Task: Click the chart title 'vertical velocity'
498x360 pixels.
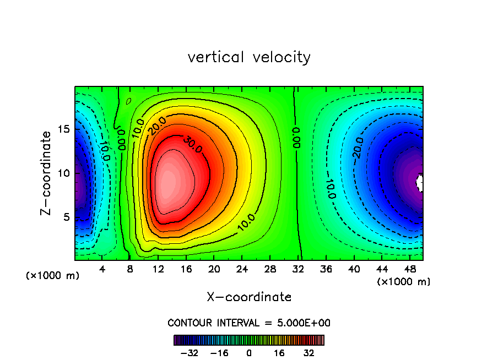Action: pyautogui.click(x=249, y=57)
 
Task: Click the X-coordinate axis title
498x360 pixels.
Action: pyautogui.click(x=249, y=297)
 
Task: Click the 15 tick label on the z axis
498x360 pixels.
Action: pyautogui.click(x=63, y=129)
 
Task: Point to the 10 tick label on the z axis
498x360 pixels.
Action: pyautogui.click(x=63, y=173)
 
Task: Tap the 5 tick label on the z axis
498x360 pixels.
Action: pyautogui.click(x=66, y=217)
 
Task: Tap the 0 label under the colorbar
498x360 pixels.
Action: pyautogui.click(x=249, y=353)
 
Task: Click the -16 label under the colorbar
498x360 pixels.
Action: pyautogui.click(x=219, y=353)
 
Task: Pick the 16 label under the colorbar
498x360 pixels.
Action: pyautogui.click(x=280, y=353)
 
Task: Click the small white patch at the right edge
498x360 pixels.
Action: pyautogui.click(x=420, y=182)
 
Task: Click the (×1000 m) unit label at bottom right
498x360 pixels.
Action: pyautogui.click(x=404, y=282)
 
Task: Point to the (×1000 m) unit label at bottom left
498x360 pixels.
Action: pyautogui.click(x=53, y=275)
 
